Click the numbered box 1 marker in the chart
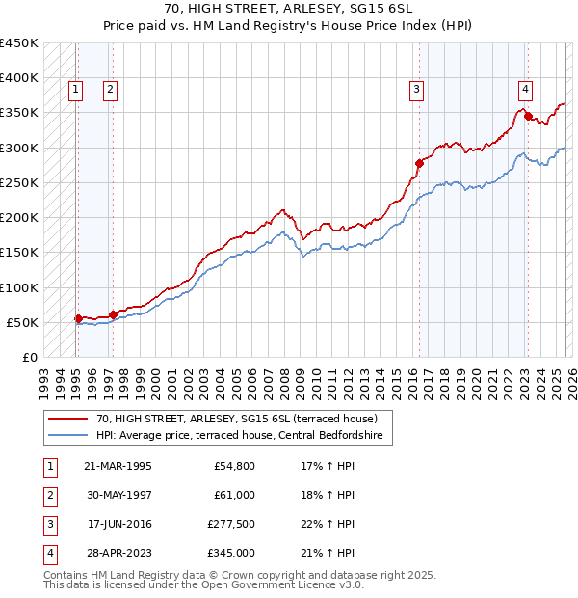[76, 90]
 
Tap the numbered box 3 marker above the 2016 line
[417, 90]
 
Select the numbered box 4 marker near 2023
[526, 90]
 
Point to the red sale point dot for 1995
[78, 318]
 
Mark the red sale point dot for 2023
[528, 116]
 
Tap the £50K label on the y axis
[23, 322]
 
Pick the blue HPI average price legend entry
[240, 436]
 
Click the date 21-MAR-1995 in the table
[118, 466]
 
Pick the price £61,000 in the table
[234, 495]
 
